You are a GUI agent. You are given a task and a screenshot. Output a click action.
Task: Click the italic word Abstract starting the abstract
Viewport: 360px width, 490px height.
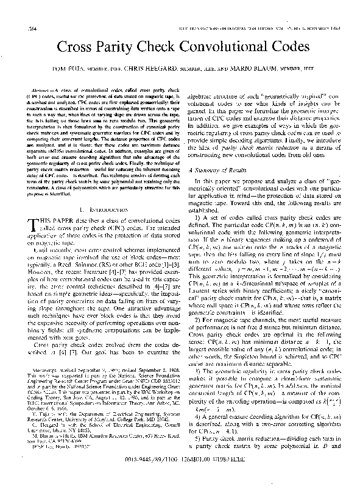point(41,89)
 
